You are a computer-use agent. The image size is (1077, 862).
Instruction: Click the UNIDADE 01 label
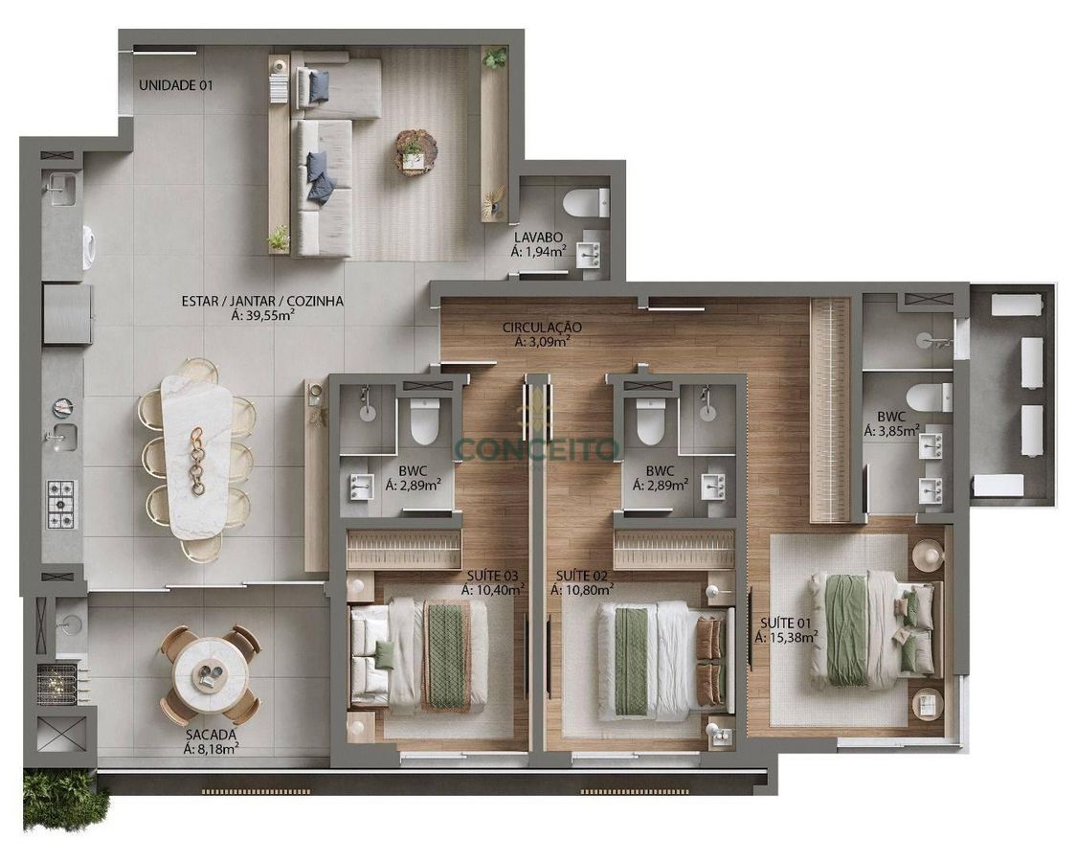click(176, 86)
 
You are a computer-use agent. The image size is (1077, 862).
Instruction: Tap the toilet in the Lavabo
click(585, 203)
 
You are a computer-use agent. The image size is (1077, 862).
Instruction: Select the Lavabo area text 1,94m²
click(546, 251)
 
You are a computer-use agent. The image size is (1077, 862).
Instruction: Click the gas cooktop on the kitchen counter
click(61, 504)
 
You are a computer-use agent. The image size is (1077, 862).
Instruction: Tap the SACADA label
click(211, 737)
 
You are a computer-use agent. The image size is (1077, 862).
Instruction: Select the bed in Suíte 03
click(418, 654)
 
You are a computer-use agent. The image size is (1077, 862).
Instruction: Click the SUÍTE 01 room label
click(785, 624)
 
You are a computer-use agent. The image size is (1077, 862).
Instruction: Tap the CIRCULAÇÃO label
click(542, 328)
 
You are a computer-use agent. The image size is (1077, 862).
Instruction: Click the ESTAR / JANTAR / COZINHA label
click(262, 301)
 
